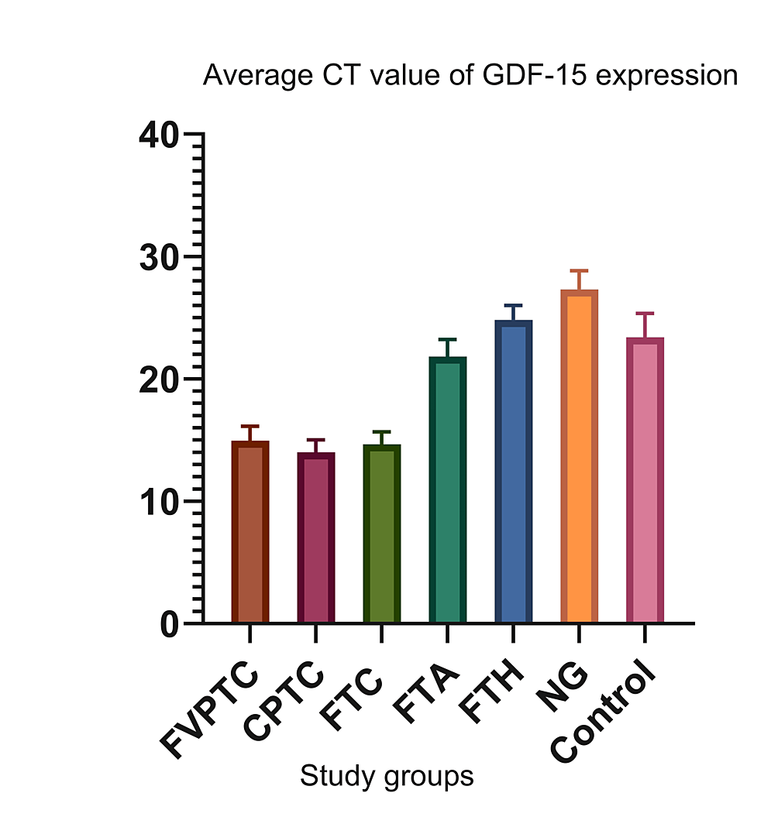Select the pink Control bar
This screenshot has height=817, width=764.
click(645, 481)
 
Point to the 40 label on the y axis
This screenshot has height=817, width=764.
click(159, 135)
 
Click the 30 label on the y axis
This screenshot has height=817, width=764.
click(159, 257)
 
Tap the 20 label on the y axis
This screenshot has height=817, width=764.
click(159, 379)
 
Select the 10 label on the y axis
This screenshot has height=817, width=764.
click(159, 502)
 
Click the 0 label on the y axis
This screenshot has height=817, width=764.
click(170, 624)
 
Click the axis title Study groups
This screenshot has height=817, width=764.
click(386, 775)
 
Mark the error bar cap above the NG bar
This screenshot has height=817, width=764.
click(579, 271)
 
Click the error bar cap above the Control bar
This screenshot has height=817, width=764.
click(645, 314)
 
